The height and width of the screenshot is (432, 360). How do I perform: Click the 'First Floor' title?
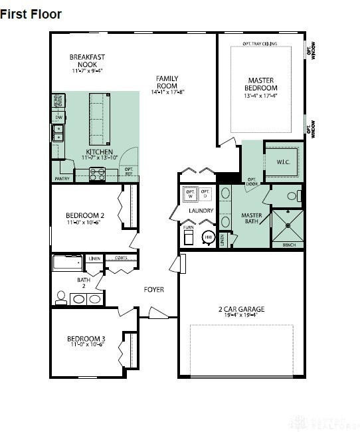pos(31,14)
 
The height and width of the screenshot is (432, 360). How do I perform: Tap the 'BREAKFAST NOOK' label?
pos(87,60)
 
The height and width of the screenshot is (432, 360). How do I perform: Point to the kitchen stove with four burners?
pos(98,175)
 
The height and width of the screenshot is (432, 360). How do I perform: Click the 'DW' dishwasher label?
pos(58,118)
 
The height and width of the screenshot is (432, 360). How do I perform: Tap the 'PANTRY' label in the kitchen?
pos(62,179)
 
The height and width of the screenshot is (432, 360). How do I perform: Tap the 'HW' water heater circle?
pos(208,237)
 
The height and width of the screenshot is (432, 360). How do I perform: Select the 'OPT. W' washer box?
pos(191,194)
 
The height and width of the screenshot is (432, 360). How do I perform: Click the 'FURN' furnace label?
pos(189,228)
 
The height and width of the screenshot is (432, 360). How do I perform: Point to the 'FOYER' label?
pos(154,290)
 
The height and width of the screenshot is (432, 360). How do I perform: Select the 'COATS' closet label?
pos(121,258)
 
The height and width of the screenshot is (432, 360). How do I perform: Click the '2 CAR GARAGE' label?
pos(242,309)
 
